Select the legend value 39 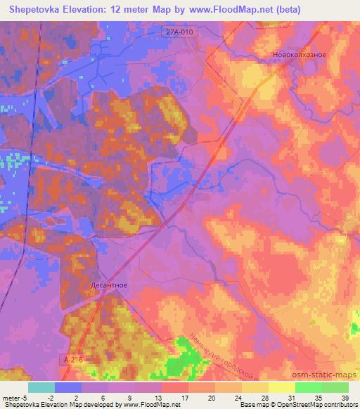click(x=345, y=398)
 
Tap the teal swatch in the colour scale click(x=41, y=387)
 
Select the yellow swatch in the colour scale click(x=282, y=387)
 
